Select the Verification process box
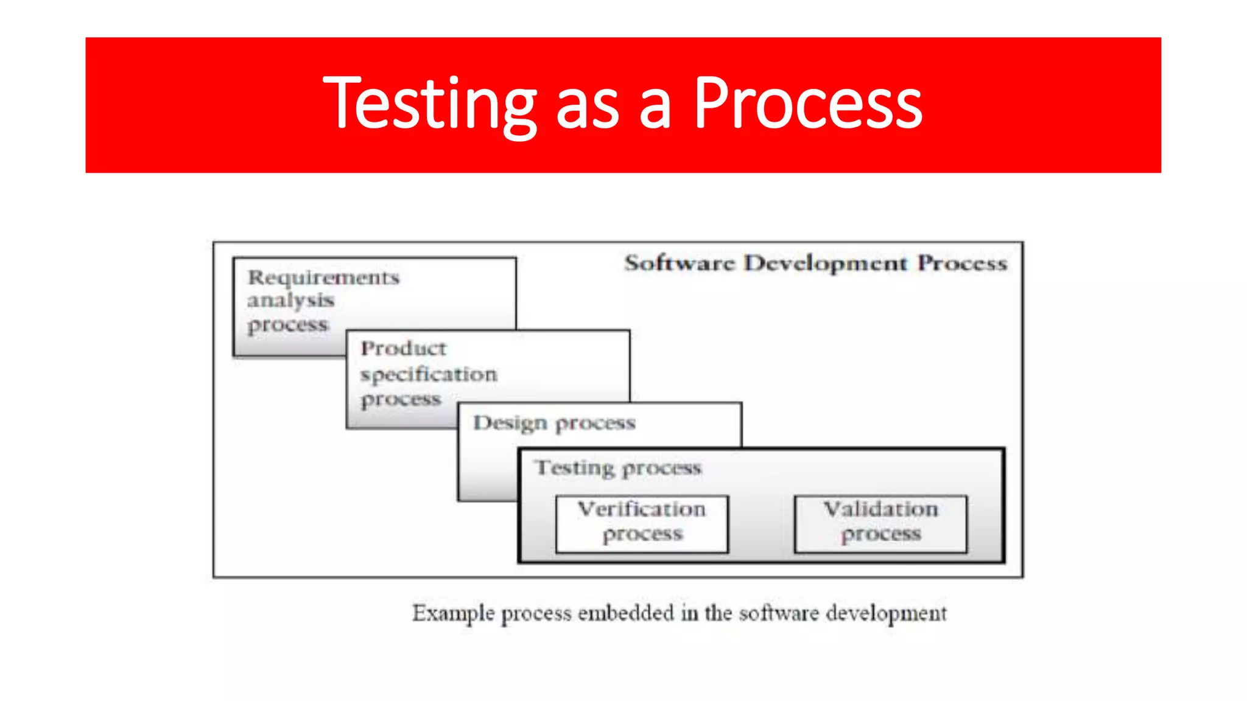(642, 524)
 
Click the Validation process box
(880, 524)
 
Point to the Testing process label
(618, 468)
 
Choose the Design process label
(554, 423)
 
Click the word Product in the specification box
(403, 349)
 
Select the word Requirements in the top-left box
(323, 278)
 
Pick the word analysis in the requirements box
(290, 301)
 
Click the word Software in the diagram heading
(680, 263)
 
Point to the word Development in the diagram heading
(826, 263)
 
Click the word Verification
(642, 509)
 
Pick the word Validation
(880, 509)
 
